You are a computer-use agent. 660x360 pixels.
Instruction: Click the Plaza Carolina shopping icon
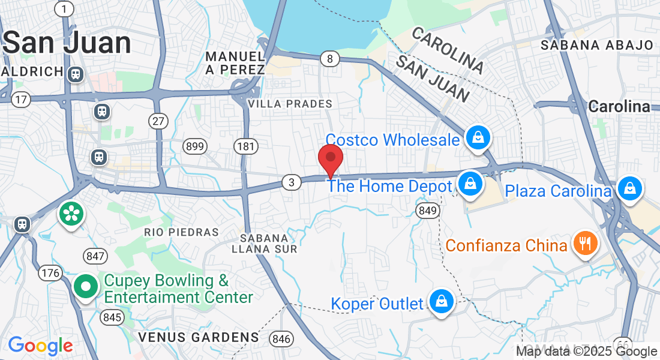point(629,188)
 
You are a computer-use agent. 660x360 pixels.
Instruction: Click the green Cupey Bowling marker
point(86,287)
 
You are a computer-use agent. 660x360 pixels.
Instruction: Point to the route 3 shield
point(291,182)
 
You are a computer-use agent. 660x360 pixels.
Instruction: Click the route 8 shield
point(329,59)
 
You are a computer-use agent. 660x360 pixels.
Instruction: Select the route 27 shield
point(158,121)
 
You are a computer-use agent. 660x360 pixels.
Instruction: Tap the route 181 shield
point(247,146)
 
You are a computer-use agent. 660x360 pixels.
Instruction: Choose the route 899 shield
point(196,146)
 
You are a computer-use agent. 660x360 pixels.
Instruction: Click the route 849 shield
point(428,210)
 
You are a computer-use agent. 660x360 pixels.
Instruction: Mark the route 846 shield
point(281,339)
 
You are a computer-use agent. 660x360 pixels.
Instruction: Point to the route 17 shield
point(21,99)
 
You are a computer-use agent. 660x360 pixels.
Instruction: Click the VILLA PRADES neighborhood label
point(290,104)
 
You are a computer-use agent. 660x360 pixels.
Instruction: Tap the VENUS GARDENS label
point(199,337)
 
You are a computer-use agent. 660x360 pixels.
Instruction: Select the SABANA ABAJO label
point(597,45)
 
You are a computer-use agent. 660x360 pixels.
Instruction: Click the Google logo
point(41,346)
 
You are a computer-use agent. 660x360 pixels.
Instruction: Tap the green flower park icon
point(71,213)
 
